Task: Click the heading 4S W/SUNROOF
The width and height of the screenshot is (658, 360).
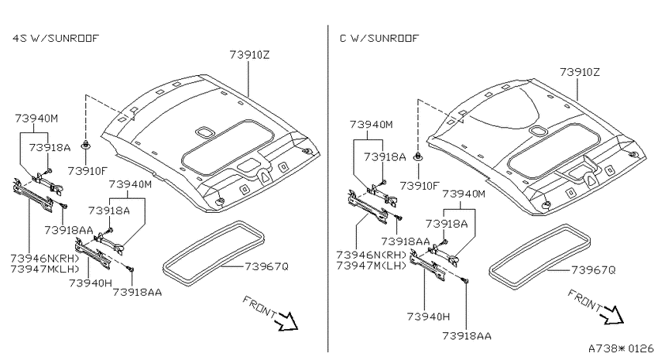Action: (x=56, y=39)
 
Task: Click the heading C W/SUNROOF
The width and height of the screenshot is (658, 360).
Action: (x=379, y=39)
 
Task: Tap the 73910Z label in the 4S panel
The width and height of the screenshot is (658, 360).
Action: (x=250, y=55)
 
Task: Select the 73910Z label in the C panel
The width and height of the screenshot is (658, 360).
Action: (x=580, y=72)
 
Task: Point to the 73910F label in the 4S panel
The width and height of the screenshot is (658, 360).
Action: (x=88, y=171)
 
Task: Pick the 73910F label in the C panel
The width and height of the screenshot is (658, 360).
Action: (x=420, y=186)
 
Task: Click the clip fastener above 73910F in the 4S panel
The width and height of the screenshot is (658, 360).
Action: (x=86, y=146)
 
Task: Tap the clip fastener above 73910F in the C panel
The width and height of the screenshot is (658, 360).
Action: (x=418, y=157)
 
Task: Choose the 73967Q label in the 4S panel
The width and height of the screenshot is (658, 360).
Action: (x=266, y=266)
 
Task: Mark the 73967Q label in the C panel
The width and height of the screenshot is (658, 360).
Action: (x=594, y=270)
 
